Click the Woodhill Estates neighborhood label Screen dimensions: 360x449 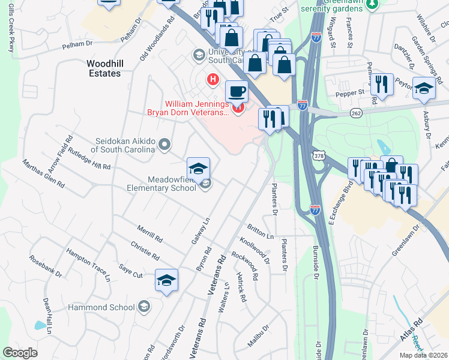[x=103, y=68]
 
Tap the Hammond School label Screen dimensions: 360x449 [x=109, y=307]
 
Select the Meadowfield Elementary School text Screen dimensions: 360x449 [x=173, y=184]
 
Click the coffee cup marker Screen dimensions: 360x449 [x=236, y=92]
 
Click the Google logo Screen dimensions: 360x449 [x=20, y=353]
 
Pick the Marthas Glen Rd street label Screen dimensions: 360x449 [x=43, y=173]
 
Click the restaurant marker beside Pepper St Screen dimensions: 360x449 [x=381, y=85]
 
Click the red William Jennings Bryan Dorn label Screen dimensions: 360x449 [x=188, y=107]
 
